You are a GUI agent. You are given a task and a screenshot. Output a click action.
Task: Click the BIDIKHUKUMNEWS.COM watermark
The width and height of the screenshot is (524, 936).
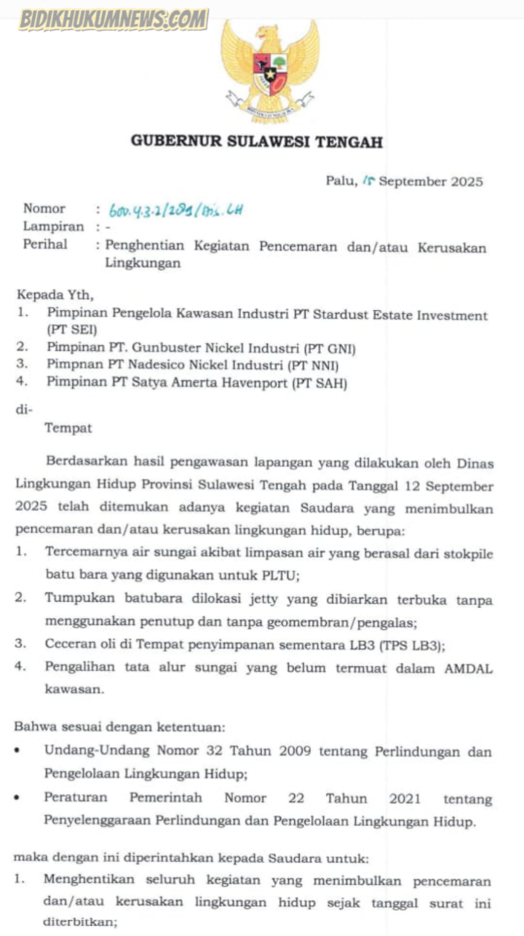(113, 20)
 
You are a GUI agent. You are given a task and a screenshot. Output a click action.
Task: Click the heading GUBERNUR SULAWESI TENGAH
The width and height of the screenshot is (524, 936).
(257, 142)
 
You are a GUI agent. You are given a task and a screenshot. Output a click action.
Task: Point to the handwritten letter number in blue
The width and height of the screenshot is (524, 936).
(175, 211)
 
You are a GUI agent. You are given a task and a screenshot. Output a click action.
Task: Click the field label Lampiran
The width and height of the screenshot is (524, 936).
(54, 226)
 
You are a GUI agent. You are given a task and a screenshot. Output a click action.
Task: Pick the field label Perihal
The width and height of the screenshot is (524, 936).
(45, 245)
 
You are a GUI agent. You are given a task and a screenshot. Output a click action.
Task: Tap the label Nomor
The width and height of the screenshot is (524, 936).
(44, 209)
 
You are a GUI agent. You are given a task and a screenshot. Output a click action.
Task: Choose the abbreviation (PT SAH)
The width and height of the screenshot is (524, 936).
(319, 384)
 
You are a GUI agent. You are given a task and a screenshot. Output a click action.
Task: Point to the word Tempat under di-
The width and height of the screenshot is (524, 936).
(68, 428)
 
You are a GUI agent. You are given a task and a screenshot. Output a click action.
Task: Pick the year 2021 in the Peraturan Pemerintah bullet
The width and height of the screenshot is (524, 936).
(405, 798)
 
